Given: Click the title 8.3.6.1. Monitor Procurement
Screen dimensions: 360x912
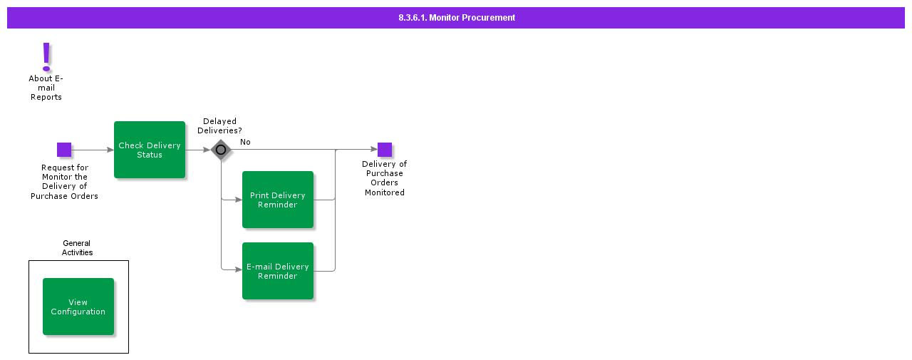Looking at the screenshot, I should click(x=456, y=18).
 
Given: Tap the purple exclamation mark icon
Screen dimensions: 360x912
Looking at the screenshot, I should click(x=46, y=56).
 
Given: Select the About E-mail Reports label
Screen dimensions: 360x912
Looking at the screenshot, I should click(x=46, y=88).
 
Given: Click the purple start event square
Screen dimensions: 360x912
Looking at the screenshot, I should click(x=64, y=150).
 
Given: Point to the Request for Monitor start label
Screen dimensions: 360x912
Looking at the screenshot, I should click(x=64, y=182).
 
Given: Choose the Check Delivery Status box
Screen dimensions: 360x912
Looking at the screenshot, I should click(x=150, y=150).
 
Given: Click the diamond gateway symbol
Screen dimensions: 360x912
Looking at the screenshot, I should click(x=221, y=150).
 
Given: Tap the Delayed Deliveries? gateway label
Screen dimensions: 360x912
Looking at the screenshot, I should click(x=219, y=126).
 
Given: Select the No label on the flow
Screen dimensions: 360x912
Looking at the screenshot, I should click(x=245, y=142).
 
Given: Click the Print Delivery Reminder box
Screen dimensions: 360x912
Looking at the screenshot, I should click(x=278, y=200).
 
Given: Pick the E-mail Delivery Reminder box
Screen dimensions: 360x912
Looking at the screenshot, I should click(x=278, y=271).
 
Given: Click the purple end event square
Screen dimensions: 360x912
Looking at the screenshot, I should click(x=385, y=150).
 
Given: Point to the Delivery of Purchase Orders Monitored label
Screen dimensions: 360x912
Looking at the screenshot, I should click(x=385, y=178).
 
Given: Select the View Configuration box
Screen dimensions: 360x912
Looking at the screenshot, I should click(x=78, y=307).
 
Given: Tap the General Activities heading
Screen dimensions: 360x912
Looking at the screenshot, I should click(x=77, y=248).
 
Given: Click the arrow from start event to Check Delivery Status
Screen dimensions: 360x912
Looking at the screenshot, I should click(x=93, y=150).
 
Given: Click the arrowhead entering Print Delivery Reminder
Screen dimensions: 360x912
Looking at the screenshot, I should click(x=239, y=200).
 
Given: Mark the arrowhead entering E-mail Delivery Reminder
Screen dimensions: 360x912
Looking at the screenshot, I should click(x=239, y=269).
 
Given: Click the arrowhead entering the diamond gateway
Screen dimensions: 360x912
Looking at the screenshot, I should click(x=207, y=150).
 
